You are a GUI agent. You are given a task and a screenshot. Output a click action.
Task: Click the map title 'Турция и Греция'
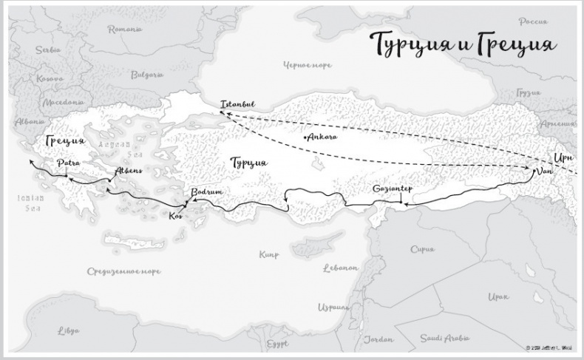point(463,44)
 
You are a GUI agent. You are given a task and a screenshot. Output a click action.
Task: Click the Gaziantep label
point(392,189)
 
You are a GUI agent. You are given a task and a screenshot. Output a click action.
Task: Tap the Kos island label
point(175,216)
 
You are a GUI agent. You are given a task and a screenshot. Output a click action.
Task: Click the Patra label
point(67,163)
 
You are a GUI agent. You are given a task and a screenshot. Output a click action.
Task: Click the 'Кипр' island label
point(269,255)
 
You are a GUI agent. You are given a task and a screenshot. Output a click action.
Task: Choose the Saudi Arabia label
point(441,338)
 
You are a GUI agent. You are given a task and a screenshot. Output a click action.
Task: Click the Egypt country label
point(278,344)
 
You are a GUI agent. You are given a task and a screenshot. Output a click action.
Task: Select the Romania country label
point(125,30)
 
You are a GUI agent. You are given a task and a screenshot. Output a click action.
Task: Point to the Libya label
point(69,329)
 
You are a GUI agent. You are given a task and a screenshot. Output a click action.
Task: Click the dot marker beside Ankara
point(305,137)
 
